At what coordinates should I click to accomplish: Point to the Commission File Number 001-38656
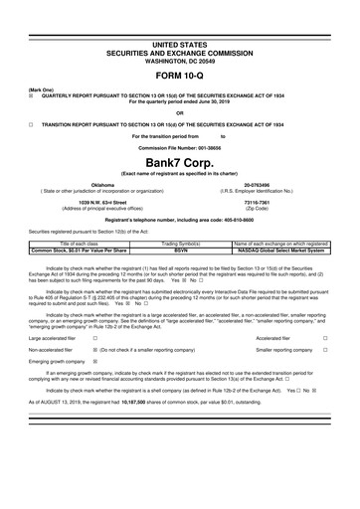point(180,143)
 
